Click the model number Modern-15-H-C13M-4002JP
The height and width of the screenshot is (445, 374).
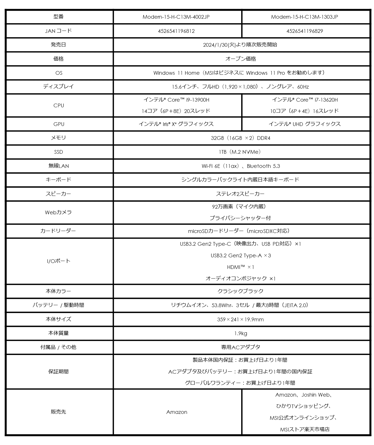click(x=176, y=17)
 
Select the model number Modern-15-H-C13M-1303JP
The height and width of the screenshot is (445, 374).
click(x=305, y=17)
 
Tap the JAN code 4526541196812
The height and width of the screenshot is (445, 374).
click(x=176, y=31)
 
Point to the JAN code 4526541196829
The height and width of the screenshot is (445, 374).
click(x=305, y=31)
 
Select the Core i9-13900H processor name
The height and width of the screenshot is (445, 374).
click(x=176, y=100)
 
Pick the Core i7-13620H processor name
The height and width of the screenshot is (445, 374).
click(x=305, y=100)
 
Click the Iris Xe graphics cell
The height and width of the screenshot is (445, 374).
click(x=176, y=124)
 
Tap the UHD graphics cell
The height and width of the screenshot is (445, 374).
click(x=305, y=124)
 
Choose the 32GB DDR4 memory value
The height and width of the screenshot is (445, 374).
click(x=240, y=138)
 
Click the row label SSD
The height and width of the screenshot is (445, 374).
click(x=58, y=152)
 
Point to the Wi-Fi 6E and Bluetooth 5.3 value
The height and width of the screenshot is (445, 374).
click(x=241, y=166)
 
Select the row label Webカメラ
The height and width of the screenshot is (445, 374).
click(x=58, y=212)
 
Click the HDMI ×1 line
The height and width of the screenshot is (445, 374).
click(x=240, y=267)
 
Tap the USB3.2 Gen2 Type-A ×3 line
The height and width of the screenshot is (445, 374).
click(x=241, y=256)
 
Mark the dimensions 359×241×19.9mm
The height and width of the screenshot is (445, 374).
click(x=240, y=320)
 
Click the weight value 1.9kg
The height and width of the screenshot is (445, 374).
click(x=241, y=333)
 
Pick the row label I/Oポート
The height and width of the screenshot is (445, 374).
click(x=58, y=261)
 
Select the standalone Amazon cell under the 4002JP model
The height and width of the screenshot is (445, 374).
click(x=177, y=412)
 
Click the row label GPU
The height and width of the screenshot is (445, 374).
click(x=58, y=124)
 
